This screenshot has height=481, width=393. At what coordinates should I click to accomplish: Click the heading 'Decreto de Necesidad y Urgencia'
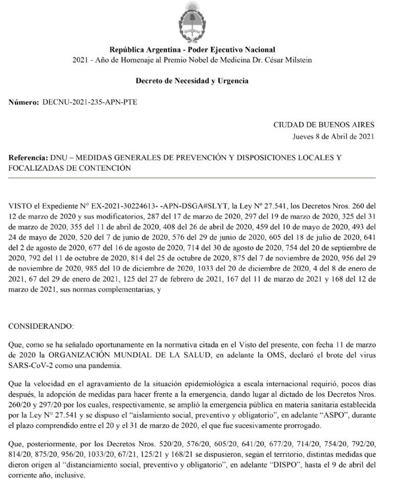[x=192, y=81]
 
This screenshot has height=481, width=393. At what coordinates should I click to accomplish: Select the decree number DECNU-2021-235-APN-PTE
[x=89, y=102]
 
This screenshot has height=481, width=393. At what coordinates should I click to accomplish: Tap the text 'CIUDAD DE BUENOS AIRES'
[x=324, y=125]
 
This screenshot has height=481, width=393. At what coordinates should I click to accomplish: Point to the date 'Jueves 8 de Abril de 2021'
[x=333, y=136]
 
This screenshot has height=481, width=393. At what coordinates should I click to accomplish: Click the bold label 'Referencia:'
[x=28, y=158]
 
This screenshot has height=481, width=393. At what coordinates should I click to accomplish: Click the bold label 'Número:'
[x=24, y=102]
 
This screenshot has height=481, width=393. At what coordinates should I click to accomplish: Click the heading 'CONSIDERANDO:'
[x=41, y=326]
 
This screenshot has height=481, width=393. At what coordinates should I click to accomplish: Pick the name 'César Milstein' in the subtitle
[x=288, y=60]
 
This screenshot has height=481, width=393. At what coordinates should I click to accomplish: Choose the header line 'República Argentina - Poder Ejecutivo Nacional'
[x=192, y=50]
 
